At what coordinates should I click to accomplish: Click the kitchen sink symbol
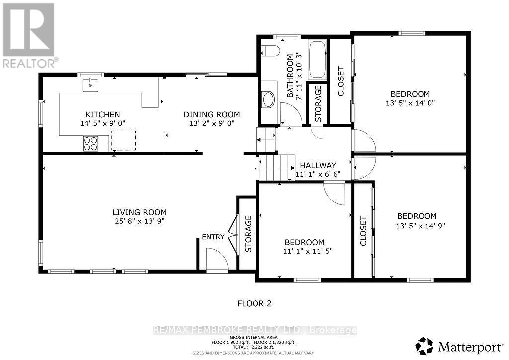pos(90,84)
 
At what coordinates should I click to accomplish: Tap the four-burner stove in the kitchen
pos(90,143)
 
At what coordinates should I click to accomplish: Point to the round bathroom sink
pos(268,99)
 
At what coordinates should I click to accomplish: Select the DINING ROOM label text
pos(212,114)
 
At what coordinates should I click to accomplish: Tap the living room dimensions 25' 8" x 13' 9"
pos(139,221)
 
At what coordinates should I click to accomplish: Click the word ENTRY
pos(213,237)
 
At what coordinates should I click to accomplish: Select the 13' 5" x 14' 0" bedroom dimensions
pos(410,103)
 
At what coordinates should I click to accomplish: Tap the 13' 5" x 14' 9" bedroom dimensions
pos(417,225)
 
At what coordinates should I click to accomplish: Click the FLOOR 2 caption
pos(254,303)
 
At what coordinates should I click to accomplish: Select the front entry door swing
pos(217,260)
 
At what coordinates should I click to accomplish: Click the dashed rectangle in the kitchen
pos(123,140)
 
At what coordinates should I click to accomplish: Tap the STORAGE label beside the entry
pos(248,234)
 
